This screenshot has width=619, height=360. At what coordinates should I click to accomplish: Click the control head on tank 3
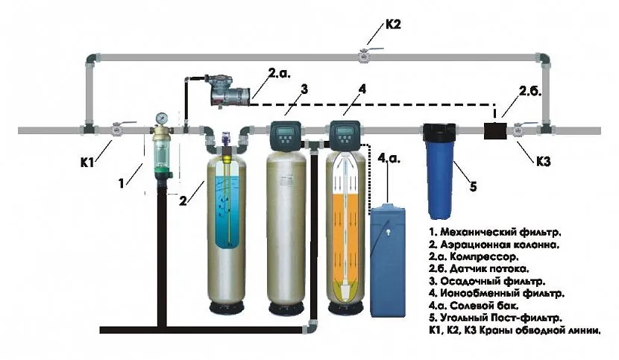point(286,133)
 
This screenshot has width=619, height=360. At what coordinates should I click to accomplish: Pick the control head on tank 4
point(344,133)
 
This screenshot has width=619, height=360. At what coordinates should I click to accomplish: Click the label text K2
point(394,25)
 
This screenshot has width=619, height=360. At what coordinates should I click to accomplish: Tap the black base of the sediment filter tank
point(286,306)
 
